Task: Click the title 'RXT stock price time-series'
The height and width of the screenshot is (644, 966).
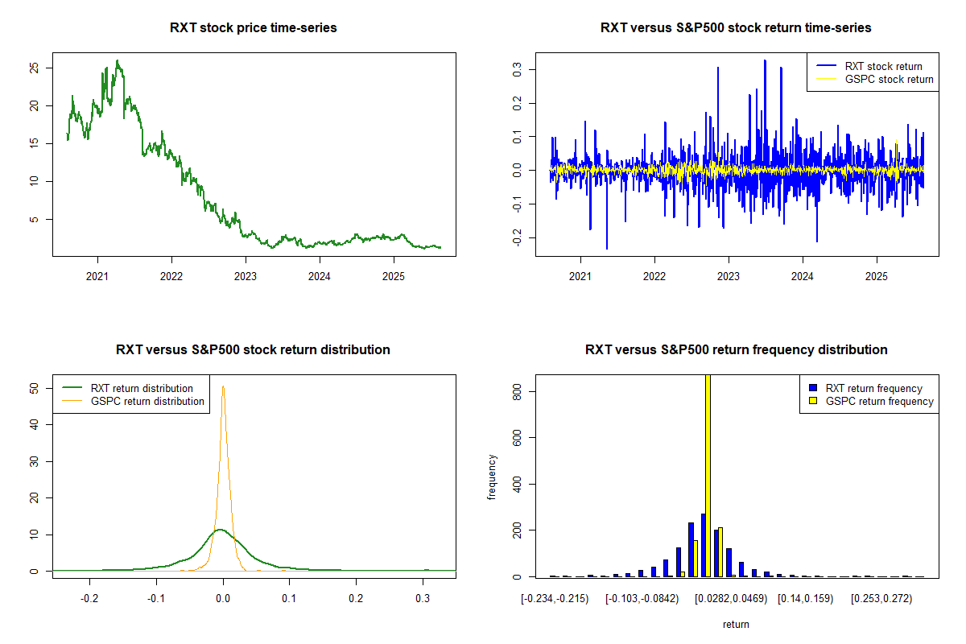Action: (x=254, y=28)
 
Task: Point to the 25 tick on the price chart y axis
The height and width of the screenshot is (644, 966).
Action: (x=34, y=68)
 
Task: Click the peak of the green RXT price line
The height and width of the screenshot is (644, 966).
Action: (x=118, y=60)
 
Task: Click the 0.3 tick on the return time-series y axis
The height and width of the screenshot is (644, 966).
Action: (x=517, y=70)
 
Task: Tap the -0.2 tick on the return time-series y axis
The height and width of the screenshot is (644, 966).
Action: (x=517, y=237)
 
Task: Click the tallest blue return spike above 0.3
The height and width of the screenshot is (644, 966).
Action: (x=765, y=60)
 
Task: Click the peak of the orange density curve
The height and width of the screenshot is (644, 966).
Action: (x=223, y=386)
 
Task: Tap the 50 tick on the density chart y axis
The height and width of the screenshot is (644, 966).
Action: (x=34, y=388)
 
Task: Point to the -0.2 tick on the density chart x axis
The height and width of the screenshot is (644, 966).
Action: (x=90, y=599)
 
